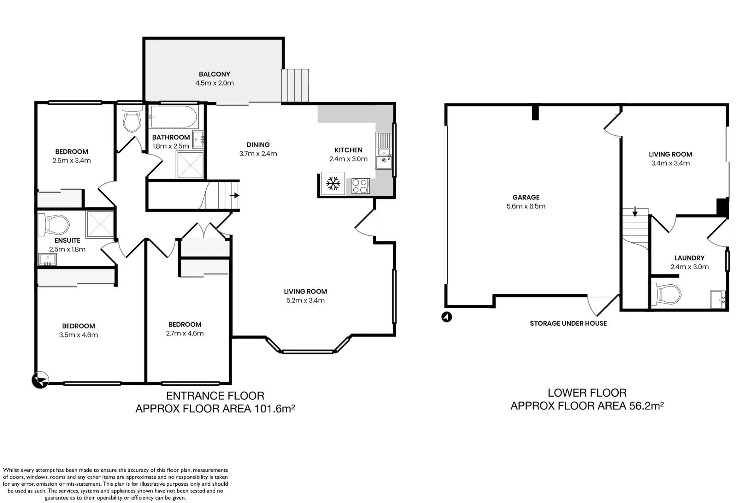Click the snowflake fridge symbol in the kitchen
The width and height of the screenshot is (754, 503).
pyautogui.click(x=333, y=184)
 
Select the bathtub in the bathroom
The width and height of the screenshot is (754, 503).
pyautogui.click(x=174, y=117)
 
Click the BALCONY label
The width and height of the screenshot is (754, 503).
pyautogui.click(x=215, y=74)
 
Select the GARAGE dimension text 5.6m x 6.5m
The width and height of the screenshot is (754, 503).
pyautogui.click(x=526, y=206)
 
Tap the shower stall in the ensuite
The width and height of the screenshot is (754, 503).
pyautogui.click(x=100, y=224)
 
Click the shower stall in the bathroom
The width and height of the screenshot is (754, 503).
pyautogui.click(x=190, y=165)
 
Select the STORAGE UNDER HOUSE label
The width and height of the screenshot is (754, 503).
pyautogui.click(x=568, y=324)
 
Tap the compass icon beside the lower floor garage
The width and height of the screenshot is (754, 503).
pyautogui.click(x=447, y=317)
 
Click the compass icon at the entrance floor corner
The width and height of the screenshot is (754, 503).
pyautogui.click(x=40, y=380)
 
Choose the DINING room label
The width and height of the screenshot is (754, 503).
pyautogui.click(x=258, y=145)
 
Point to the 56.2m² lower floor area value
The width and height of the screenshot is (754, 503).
pyautogui.click(x=647, y=406)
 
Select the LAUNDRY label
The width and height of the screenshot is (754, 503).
pyautogui.click(x=690, y=258)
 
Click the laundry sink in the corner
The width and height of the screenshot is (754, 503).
pyautogui.click(x=718, y=299)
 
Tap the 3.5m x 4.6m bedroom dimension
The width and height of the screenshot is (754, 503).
pyautogui.click(x=78, y=335)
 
